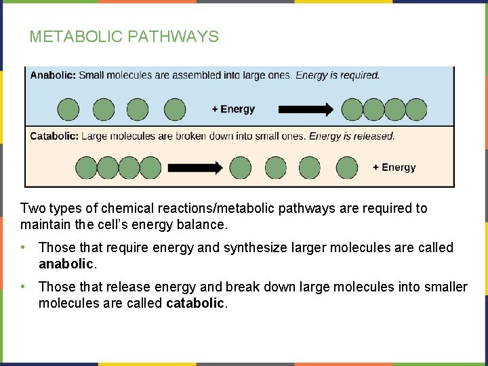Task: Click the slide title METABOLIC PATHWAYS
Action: coord(124,37)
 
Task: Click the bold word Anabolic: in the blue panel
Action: coord(53,75)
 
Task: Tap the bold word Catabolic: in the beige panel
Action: coord(54,136)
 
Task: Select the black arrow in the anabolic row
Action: coord(306,109)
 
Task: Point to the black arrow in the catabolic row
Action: coord(195,167)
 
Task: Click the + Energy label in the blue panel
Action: coord(233,109)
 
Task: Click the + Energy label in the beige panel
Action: coord(394,167)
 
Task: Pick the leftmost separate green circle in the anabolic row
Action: coord(68,109)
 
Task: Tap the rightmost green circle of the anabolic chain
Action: coord(416,109)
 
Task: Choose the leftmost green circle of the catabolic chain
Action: coord(86,167)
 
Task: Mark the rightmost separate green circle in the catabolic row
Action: coord(347,167)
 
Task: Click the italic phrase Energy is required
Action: coord(338,75)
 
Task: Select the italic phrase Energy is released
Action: coord(352,136)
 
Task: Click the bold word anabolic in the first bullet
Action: coord(67,263)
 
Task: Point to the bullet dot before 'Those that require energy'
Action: coord(24,247)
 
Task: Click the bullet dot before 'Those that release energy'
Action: coord(24,287)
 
